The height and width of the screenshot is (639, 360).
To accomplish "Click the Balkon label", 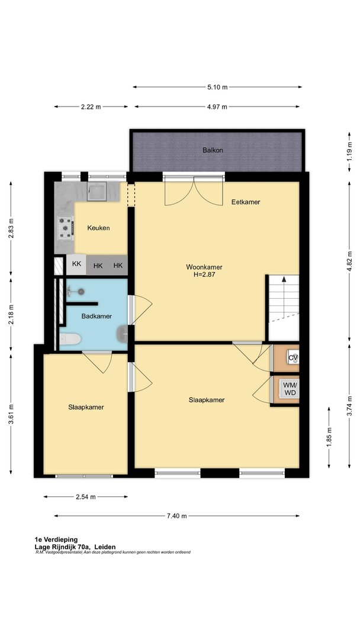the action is tap(213, 150).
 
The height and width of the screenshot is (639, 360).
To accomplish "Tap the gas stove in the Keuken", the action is tap(65, 228).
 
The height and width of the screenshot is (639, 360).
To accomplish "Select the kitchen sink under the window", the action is tap(97, 191).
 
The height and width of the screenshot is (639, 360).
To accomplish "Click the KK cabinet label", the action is tap(76, 264).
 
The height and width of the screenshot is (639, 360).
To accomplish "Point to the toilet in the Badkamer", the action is tap(70, 338).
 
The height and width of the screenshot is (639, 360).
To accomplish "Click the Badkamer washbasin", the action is tap(123, 334).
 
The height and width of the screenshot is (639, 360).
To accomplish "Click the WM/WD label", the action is tap(290, 388).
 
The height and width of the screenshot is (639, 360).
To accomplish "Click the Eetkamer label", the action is tap(246, 202).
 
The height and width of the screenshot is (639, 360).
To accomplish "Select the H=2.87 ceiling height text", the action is tap(204, 275).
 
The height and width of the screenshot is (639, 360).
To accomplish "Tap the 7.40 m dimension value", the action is tap(176, 516).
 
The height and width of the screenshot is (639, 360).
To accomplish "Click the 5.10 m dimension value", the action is tap(217, 87).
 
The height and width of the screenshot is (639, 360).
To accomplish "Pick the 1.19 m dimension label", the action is tap(349, 155).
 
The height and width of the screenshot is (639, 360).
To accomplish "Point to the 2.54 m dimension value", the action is tap(86, 497).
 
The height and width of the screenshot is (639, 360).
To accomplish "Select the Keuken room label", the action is tap(98, 228).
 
